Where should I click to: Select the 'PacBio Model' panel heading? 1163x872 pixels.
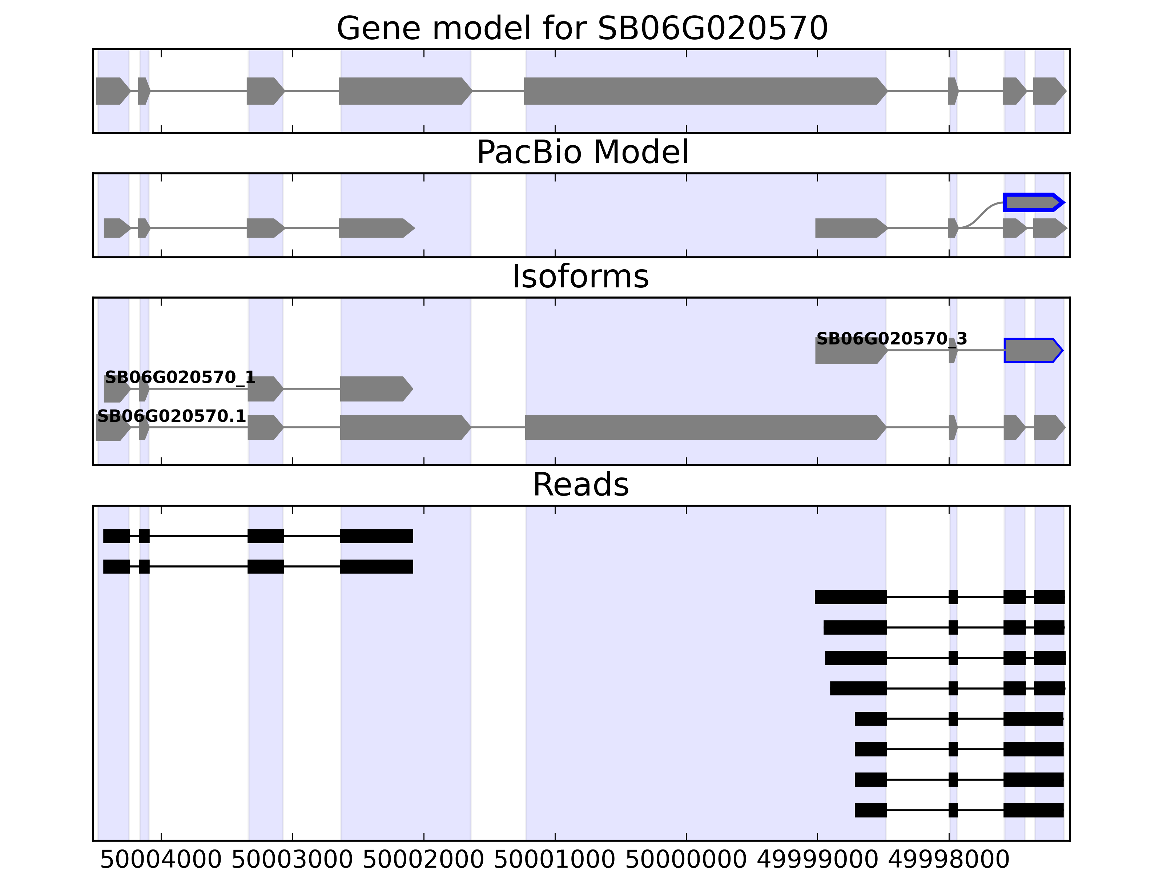pos(581,153)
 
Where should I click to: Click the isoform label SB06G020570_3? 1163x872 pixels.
pos(891,339)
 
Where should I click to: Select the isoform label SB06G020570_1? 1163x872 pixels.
pos(180,378)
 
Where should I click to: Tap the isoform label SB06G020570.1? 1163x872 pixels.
pos(172,416)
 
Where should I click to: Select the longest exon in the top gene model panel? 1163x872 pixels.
pos(705,91)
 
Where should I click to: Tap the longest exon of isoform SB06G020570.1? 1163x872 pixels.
pos(705,427)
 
